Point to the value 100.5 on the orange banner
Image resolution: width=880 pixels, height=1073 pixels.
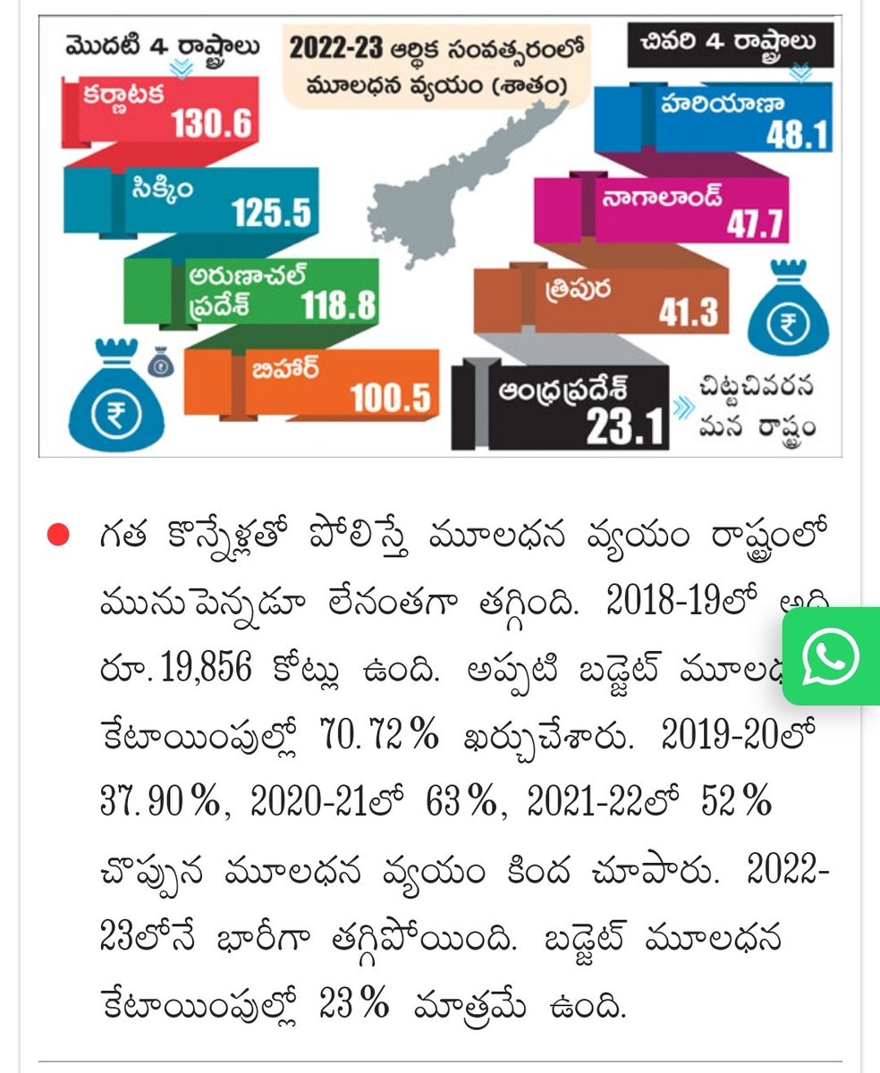tap(390, 396)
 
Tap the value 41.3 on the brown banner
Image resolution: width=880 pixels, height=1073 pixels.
tap(688, 313)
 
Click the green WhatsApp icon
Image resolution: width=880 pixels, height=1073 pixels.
tap(831, 657)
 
